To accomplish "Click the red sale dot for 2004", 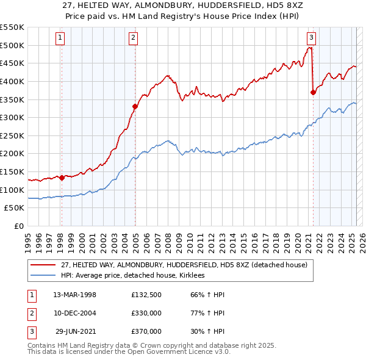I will [135, 107].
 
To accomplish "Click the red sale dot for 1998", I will [62, 178].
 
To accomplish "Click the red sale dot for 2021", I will [313, 92].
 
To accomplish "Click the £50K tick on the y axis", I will [15, 208].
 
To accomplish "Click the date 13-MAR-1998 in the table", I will [74, 295].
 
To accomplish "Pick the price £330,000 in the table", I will [146, 313].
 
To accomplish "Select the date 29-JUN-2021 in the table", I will [76, 331].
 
